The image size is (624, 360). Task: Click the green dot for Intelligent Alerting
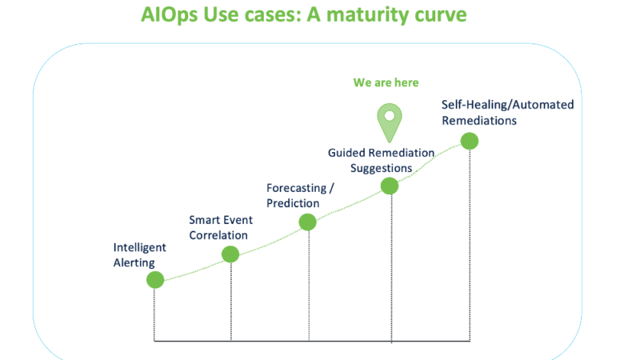[155, 280]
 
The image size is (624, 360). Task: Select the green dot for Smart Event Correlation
[230, 254]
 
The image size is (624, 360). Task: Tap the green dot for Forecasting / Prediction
[307, 222]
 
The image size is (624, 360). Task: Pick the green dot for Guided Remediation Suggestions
[390, 186]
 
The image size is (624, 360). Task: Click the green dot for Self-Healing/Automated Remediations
[470, 142]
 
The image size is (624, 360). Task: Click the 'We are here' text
[386, 83]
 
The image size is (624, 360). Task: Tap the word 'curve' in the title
[445, 16]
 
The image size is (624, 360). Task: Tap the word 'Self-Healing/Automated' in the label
[507, 106]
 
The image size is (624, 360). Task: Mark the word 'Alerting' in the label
[133, 262]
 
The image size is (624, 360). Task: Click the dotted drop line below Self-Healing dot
[470, 240]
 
